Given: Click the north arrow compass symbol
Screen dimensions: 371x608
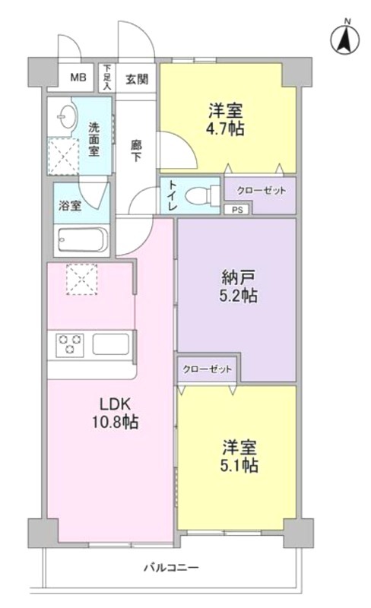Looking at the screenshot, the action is coord(346,39).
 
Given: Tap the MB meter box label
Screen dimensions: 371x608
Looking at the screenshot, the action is coord(78,78).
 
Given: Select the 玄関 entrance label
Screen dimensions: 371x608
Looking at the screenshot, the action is coord(137,80).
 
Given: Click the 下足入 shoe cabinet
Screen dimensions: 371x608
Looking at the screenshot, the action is coord(106,78).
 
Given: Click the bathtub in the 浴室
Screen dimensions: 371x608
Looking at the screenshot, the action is coord(83,239).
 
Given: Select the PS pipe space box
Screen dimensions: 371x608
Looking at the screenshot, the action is coord(237,210).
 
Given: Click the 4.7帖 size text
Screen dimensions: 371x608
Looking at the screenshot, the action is coord(226,128).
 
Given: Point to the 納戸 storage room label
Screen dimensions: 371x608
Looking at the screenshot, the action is coord(238,277).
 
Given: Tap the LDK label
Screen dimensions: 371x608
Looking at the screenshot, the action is coord(115,404).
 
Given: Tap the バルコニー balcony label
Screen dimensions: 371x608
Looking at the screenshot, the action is coord(172,568).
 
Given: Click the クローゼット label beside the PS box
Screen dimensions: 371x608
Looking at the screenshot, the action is coord(262,191).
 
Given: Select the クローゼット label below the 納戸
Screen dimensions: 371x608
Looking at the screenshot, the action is coord(208,369).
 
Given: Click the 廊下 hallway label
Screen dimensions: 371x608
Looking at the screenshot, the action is coord(136,150).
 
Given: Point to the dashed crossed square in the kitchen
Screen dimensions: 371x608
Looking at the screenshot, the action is coord(81,279).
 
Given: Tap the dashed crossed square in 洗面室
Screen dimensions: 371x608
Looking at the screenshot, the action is coord(63,156).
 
